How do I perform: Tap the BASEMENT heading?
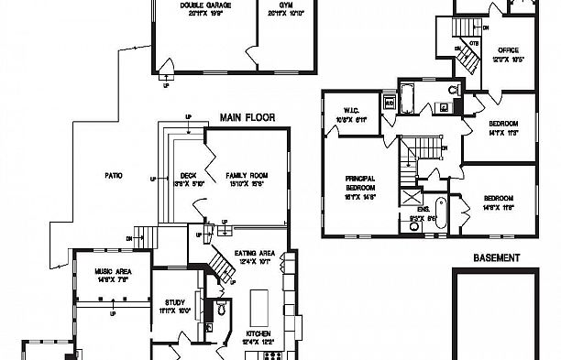click(x=496, y=258)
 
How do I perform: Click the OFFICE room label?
click(x=507, y=50)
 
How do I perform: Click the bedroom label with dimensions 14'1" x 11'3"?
click(x=503, y=124)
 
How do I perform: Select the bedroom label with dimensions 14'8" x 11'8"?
click(x=498, y=198)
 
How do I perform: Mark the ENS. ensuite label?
click(x=423, y=210)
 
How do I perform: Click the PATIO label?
click(x=114, y=175)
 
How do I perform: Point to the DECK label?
click(x=188, y=175)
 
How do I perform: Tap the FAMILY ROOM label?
click(x=246, y=175)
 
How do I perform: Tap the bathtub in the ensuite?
click(x=441, y=213)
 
